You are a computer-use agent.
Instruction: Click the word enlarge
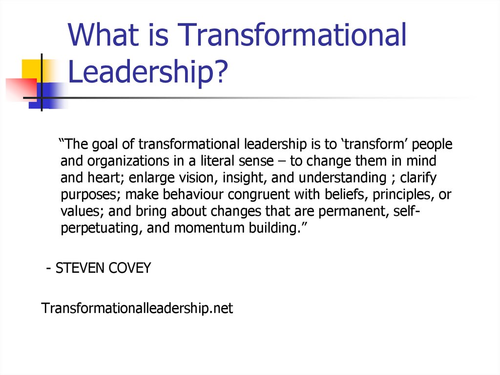click(157, 177)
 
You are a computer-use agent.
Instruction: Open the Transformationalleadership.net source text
click(137, 309)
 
